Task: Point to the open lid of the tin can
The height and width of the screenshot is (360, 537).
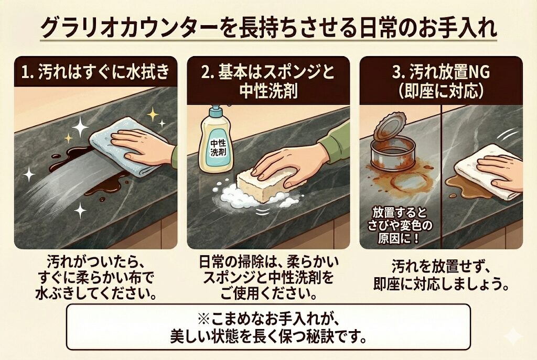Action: coord(389,127)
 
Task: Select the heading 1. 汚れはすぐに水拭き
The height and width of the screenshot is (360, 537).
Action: coord(95,72)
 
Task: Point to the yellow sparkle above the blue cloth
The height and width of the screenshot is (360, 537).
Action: coord(153,114)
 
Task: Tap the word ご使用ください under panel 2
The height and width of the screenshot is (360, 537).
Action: coord(268,293)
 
